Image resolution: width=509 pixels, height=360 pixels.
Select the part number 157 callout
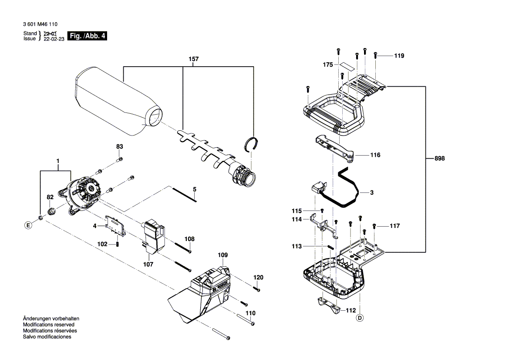pyautogui.click(x=193, y=59)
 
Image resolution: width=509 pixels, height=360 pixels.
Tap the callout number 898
pyautogui.click(x=439, y=159)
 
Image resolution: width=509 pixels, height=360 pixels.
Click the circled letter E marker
pyautogui.click(x=28, y=225)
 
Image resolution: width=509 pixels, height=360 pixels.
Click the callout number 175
pyautogui.click(x=328, y=65)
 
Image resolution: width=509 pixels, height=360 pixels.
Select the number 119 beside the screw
pyautogui.click(x=399, y=56)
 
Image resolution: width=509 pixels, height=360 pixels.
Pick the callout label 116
pyautogui.click(x=375, y=155)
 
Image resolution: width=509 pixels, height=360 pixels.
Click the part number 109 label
pyautogui.click(x=222, y=255)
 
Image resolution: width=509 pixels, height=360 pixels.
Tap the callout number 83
pyautogui.click(x=119, y=147)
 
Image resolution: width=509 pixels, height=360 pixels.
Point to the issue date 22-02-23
pyautogui.click(x=54, y=39)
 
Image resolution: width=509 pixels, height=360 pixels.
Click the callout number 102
pyautogui.click(x=102, y=244)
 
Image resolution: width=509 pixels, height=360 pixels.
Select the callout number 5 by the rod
pyautogui.click(x=195, y=189)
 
